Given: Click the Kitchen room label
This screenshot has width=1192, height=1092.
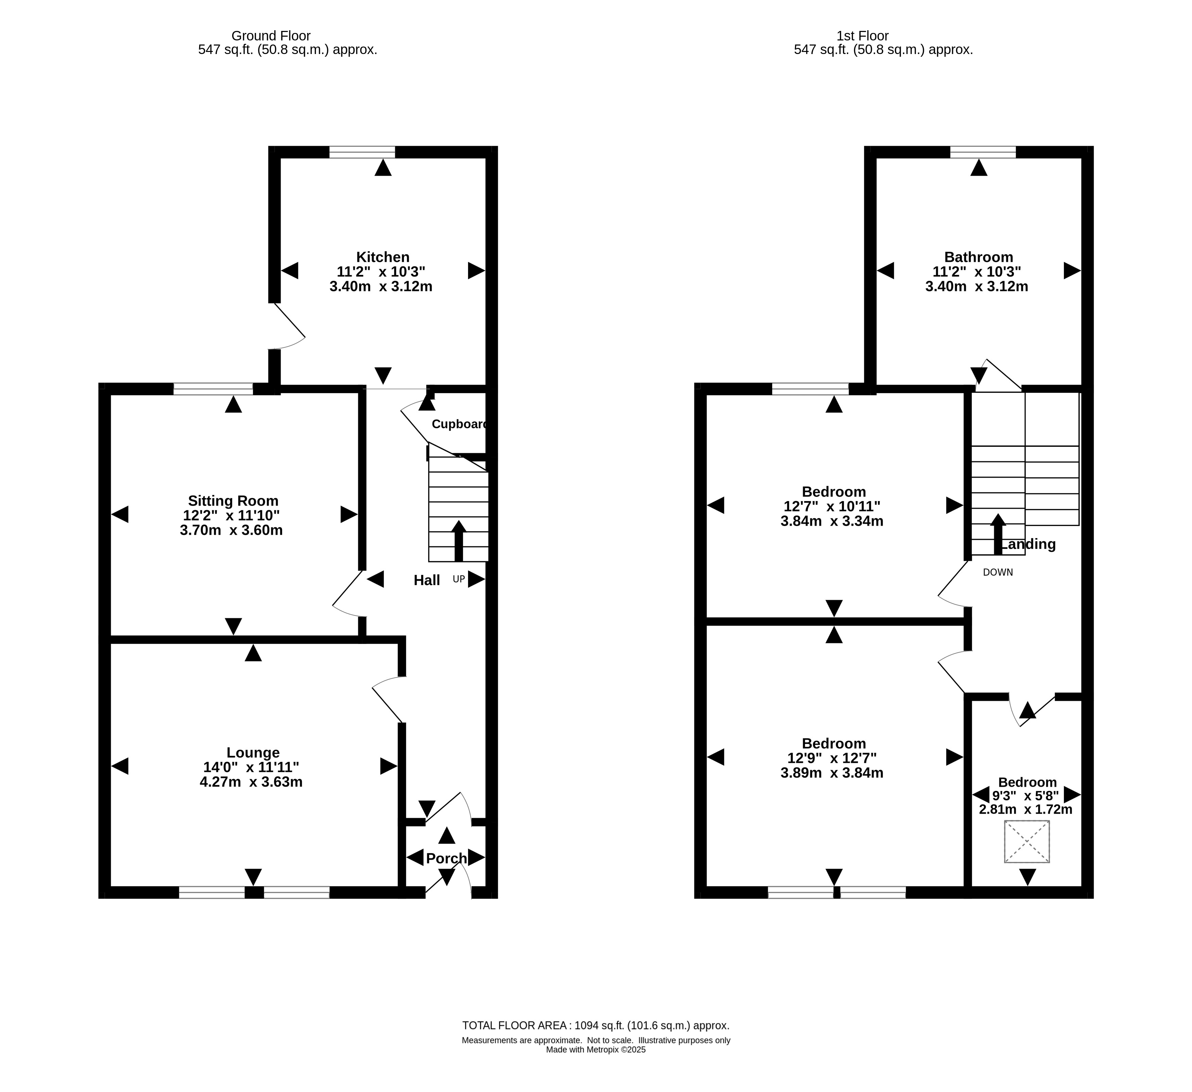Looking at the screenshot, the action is coord(383,257).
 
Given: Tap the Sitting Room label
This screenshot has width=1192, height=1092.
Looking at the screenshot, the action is coord(233,501).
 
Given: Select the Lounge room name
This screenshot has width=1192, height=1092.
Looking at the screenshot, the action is coord(253,753).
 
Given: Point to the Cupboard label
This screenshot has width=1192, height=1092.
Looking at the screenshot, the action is coord(460,424).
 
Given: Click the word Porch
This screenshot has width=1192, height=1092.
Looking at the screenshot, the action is coord(446,859).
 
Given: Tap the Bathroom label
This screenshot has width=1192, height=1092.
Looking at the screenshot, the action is coord(979,257).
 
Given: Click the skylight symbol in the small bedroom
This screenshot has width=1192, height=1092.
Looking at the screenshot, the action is coord(1027,842).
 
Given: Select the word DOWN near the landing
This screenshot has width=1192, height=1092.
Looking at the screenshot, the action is coord(998,573).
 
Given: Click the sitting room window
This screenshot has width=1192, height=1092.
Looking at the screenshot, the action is coord(213,389).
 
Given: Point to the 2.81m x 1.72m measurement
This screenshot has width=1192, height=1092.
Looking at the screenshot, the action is coord(1026,810).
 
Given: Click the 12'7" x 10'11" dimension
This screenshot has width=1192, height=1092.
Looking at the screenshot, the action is coord(832,506).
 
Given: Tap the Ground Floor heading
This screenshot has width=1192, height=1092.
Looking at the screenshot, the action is coord(271,36).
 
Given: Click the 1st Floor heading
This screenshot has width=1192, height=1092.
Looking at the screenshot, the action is coord(863,36).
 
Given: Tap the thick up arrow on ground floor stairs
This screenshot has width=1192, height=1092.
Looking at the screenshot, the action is coord(459,541).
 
